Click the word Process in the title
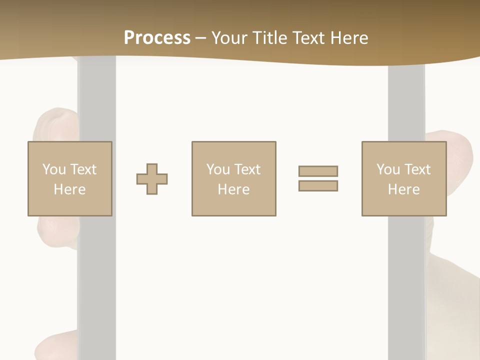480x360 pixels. point(157,38)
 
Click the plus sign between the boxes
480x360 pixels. point(152,179)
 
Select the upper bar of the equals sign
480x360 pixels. point(318,171)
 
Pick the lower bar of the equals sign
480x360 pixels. point(318,186)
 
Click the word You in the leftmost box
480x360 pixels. point(54,169)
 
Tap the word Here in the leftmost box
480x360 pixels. point(69,189)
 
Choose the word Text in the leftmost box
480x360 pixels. point(83,169)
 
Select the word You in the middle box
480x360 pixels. point(218,169)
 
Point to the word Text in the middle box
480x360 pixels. point(247,169)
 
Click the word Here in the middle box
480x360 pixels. point(233,189)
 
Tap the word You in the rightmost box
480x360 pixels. point(388,169)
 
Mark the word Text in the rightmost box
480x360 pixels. point(417,169)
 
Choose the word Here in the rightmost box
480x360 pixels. point(403,189)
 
